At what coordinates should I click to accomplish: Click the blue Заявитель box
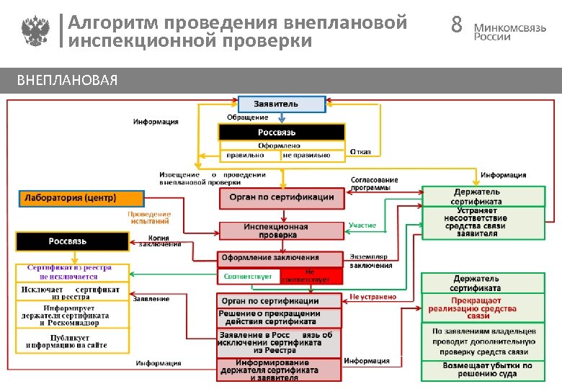(282, 104)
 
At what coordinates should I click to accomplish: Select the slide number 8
(455, 26)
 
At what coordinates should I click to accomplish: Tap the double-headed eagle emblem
(34, 32)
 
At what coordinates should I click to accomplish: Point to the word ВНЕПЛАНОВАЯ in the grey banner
(67, 80)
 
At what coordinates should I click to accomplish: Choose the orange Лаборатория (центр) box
(81, 197)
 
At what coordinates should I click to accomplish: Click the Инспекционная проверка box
(281, 231)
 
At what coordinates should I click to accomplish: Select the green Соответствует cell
(248, 277)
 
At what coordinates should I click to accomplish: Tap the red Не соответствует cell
(310, 277)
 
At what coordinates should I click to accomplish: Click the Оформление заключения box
(280, 258)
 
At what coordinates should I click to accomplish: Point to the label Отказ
(361, 152)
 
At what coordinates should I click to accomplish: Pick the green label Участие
(362, 225)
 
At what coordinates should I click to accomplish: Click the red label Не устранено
(373, 297)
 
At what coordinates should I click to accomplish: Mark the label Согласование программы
(374, 184)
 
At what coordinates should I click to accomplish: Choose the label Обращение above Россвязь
(248, 117)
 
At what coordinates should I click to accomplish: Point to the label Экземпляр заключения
(371, 261)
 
